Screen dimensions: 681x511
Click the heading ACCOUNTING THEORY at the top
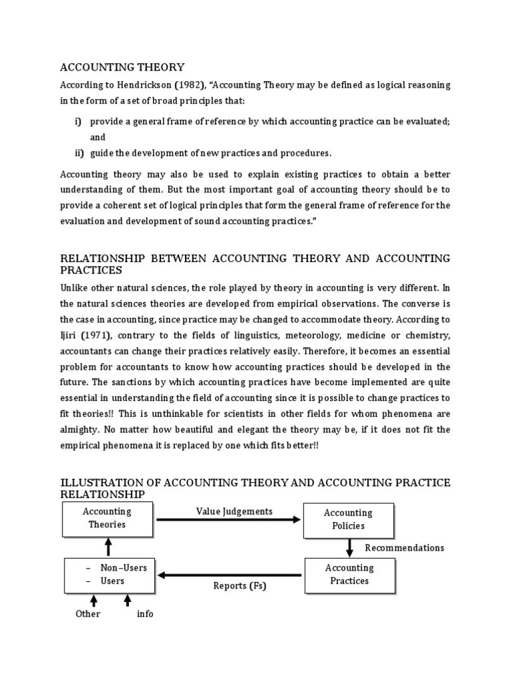tap(122, 67)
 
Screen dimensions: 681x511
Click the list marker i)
tap(79, 122)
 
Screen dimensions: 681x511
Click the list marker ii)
tap(79, 153)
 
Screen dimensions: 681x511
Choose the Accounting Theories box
tap(107, 518)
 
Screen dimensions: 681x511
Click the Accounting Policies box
tap(349, 519)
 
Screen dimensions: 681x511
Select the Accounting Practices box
tap(349, 575)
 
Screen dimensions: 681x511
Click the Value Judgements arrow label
tap(234, 511)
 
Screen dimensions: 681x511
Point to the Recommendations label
tap(405, 548)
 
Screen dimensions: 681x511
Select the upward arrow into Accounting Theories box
tap(108, 548)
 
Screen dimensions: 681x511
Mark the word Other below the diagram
tap(88, 614)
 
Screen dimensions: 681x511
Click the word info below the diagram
tap(145, 614)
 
